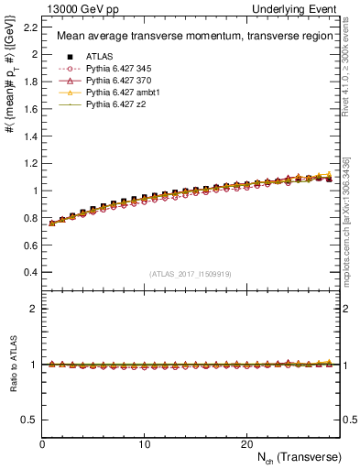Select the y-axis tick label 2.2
click(29, 27)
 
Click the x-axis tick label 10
click(145, 443)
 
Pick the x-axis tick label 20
click(246, 443)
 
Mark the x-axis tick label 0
click(43, 443)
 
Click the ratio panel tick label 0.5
click(29, 420)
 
